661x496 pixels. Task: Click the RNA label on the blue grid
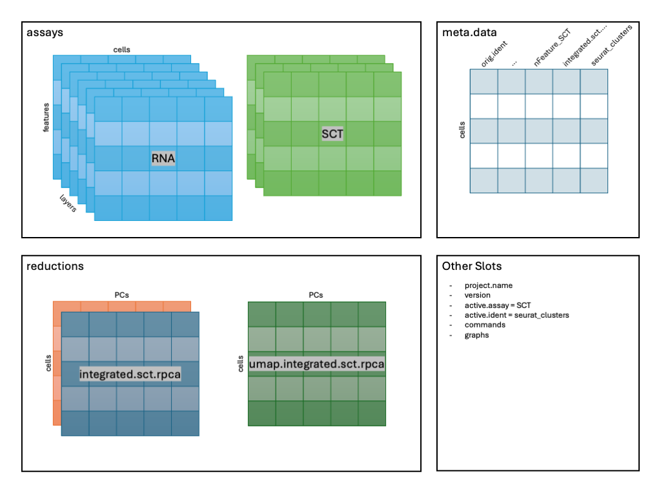pos(163,158)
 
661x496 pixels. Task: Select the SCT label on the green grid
pos(332,134)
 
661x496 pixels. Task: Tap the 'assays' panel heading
pos(45,32)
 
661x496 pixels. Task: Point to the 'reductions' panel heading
pos(55,265)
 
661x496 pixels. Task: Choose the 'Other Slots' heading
pos(471,265)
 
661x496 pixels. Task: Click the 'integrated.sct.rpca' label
pos(130,374)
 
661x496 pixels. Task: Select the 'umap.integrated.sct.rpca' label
pos(317,364)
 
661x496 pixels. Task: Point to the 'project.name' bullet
pos(489,285)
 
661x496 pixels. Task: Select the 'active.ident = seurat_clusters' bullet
pos(516,315)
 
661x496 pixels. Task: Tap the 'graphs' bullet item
pos(476,335)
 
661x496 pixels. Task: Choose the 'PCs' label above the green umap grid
pos(316,295)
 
